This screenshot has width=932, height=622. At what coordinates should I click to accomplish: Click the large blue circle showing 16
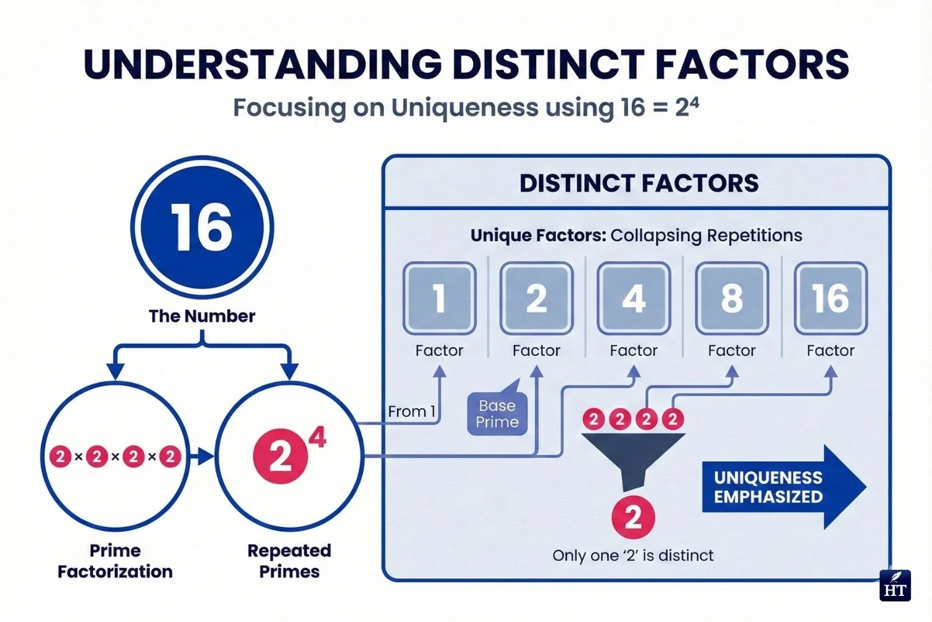point(202,227)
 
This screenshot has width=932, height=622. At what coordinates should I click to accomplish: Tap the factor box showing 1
point(439,299)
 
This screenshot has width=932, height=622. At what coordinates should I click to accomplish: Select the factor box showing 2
point(536,299)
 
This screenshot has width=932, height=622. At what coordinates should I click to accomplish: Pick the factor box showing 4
point(634,299)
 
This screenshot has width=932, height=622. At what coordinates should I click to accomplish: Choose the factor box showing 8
point(731,299)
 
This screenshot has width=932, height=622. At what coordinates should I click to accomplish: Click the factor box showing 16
point(830,299)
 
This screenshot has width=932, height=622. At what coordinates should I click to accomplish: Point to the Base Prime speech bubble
point(497,414)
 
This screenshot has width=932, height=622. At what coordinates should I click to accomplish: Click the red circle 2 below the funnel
point(633,518)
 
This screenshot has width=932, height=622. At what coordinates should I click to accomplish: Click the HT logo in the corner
point(895,586)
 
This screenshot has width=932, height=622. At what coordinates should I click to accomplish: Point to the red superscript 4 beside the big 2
point(318,437)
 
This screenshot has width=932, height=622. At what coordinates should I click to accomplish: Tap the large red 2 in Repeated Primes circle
point(280,457)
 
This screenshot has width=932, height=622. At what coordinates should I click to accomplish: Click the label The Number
point(202,316)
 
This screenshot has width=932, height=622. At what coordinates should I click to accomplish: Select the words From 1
point(411,411)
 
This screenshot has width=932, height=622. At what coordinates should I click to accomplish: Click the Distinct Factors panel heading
point(639,183)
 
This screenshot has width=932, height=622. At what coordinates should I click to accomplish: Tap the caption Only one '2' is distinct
point(633,555)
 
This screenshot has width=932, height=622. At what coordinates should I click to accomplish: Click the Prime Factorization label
point(115,561)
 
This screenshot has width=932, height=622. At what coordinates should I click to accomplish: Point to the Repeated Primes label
point(289,561)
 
